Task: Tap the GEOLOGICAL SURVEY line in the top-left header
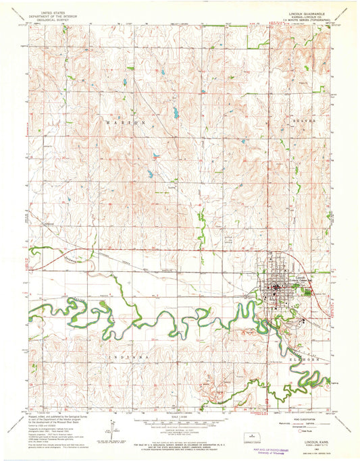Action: pyautogui.click(x=53, y=19)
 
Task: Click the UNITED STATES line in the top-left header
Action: pyautogui.click(x=53, y=12)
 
